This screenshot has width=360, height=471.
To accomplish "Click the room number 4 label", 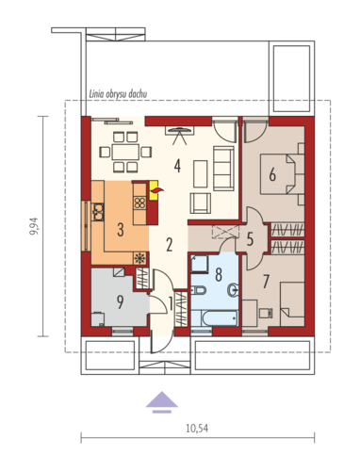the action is (177, 166).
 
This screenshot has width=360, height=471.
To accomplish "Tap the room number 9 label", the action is (120, 302).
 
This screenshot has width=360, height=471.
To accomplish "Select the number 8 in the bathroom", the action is (219, 274).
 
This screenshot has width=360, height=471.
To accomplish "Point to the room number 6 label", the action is (272, 174).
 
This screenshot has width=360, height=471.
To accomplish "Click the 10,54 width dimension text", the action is (197, 429).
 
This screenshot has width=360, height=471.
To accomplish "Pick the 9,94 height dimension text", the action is (34, 226).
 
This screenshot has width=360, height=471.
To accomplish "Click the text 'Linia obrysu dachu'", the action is (118, 93).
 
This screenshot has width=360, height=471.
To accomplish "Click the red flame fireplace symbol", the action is (156, 190).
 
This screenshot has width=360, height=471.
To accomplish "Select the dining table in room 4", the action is (125, 153).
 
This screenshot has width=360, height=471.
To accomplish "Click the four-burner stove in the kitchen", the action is (139, 203).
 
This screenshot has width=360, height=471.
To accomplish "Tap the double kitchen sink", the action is (98, 212).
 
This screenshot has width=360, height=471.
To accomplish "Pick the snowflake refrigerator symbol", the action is (139, 258).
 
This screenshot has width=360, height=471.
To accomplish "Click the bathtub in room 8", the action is (220, 318).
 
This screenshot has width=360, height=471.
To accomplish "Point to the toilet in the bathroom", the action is (198, 290).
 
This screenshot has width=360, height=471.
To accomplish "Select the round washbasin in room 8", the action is (233, 290).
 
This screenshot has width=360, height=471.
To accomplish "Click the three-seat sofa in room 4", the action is (223, 169).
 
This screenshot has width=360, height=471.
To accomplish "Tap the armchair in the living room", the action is (201, 203).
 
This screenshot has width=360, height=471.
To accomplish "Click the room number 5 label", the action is (250, 239).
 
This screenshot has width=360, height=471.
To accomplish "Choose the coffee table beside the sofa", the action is (201, 174).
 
